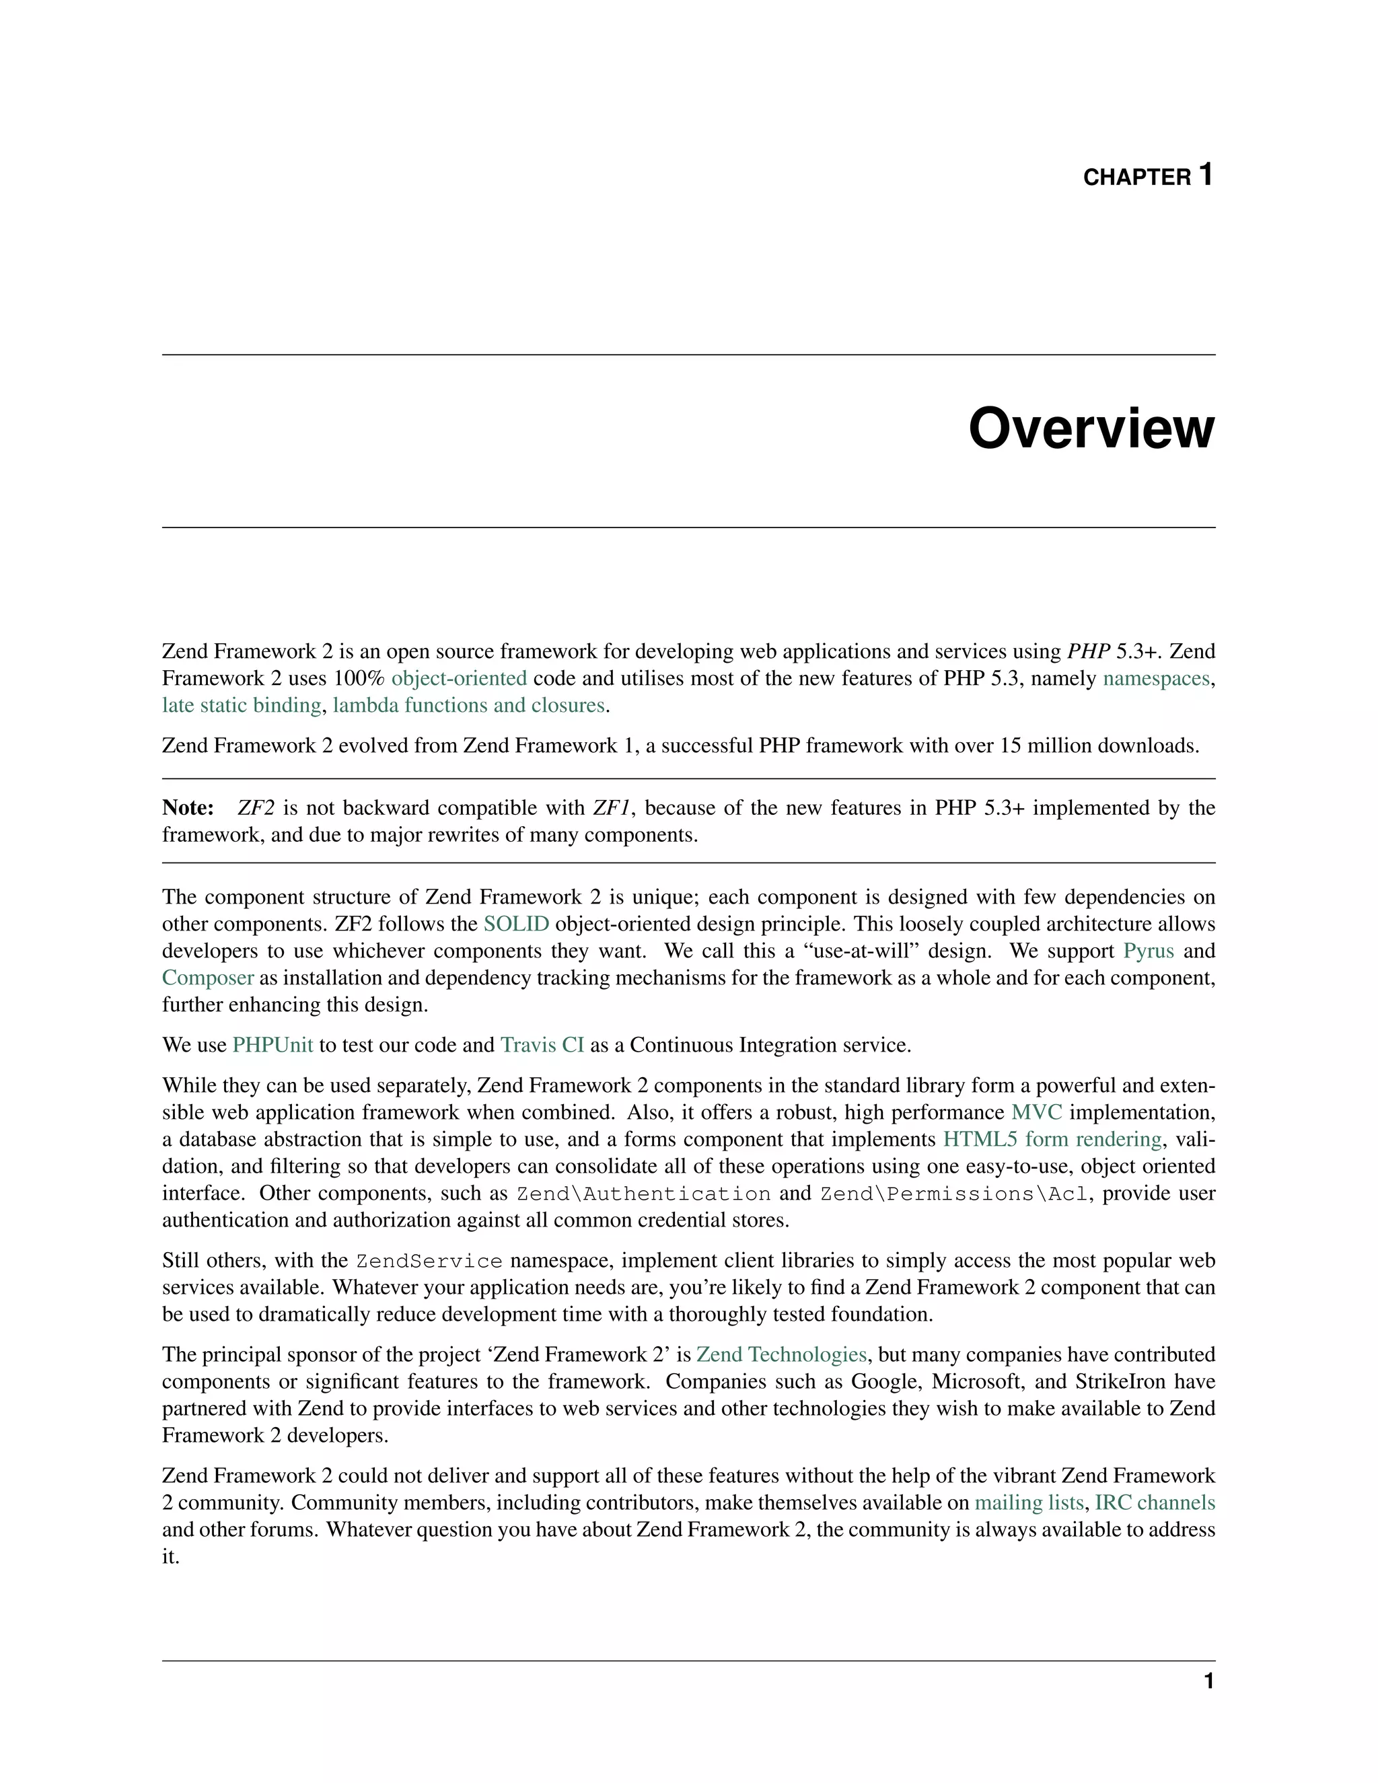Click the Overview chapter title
1091,429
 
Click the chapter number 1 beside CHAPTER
1205,175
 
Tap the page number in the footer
1208,1681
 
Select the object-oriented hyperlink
459,678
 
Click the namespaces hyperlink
1156,678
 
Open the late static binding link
242,705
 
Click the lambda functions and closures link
468,705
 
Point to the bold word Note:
188,808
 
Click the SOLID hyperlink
516,924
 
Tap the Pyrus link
1149,951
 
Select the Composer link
207,978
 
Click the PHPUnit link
273,1046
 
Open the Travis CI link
542,1046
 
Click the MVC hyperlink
1036,1113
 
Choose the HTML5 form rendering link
1052,1140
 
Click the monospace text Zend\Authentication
643,1194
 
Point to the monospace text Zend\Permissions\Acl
954,1194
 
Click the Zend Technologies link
781,1355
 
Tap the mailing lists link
1029,1504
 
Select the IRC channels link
1155,1504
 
